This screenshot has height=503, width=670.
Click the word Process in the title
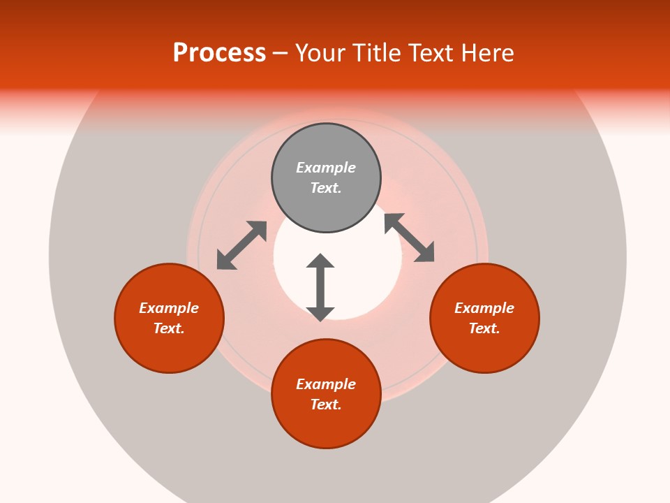coord(219,53)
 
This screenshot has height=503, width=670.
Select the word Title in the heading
coord(378,53)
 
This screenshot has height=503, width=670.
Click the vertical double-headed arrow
coord(320,287)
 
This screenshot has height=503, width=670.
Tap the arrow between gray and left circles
coord(241,245)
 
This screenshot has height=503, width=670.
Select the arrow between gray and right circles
coord(410,238)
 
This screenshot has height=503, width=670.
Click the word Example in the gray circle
coord(326,168)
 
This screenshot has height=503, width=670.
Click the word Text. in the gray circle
coord(326,188)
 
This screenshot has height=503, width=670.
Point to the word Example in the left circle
coord(169,308)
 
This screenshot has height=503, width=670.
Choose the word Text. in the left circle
coord(169,328)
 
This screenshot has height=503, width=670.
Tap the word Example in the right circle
coord(484,308)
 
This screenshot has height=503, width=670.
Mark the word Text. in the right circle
coord(484,328)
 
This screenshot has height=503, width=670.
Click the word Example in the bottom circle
coord(326,384)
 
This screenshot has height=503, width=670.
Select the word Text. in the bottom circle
coord(326,404)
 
